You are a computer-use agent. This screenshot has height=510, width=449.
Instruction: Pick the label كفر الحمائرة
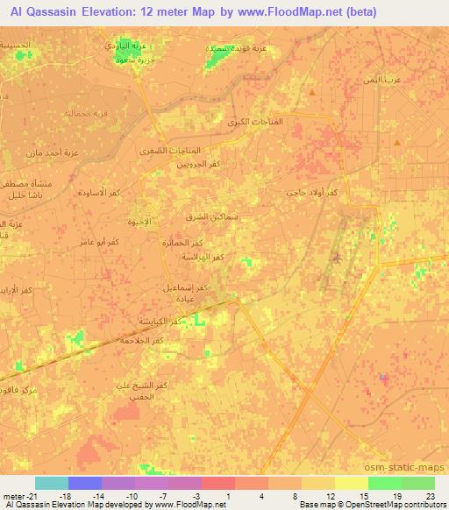(189, 242)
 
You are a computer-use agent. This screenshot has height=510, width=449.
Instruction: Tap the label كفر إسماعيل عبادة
(186, 292)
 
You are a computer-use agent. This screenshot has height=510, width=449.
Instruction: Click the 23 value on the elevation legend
(430, 496)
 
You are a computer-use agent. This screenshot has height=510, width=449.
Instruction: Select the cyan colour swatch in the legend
(51, 483)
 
